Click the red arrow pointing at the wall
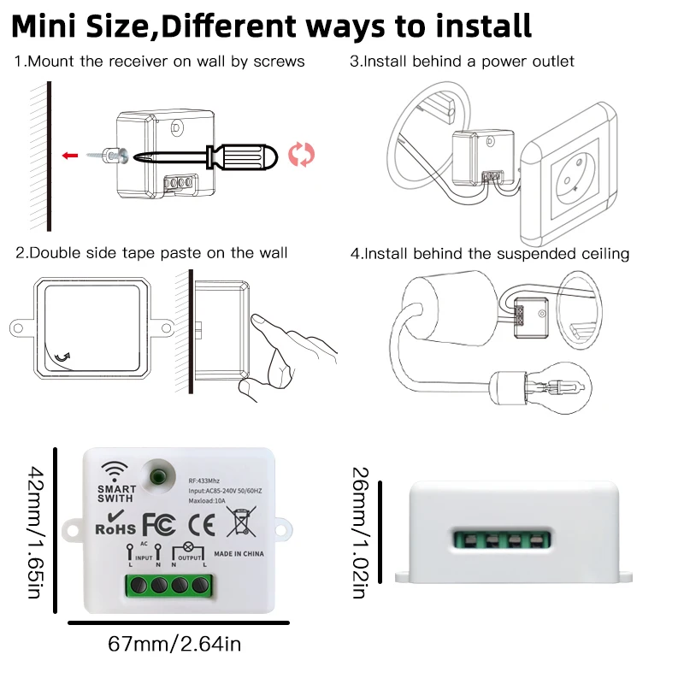point(71,156)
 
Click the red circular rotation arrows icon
point(301,154)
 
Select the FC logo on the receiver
point(159,522)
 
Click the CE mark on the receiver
point(198,522)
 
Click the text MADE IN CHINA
point(239,554)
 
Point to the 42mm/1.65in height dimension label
point(35,530)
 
